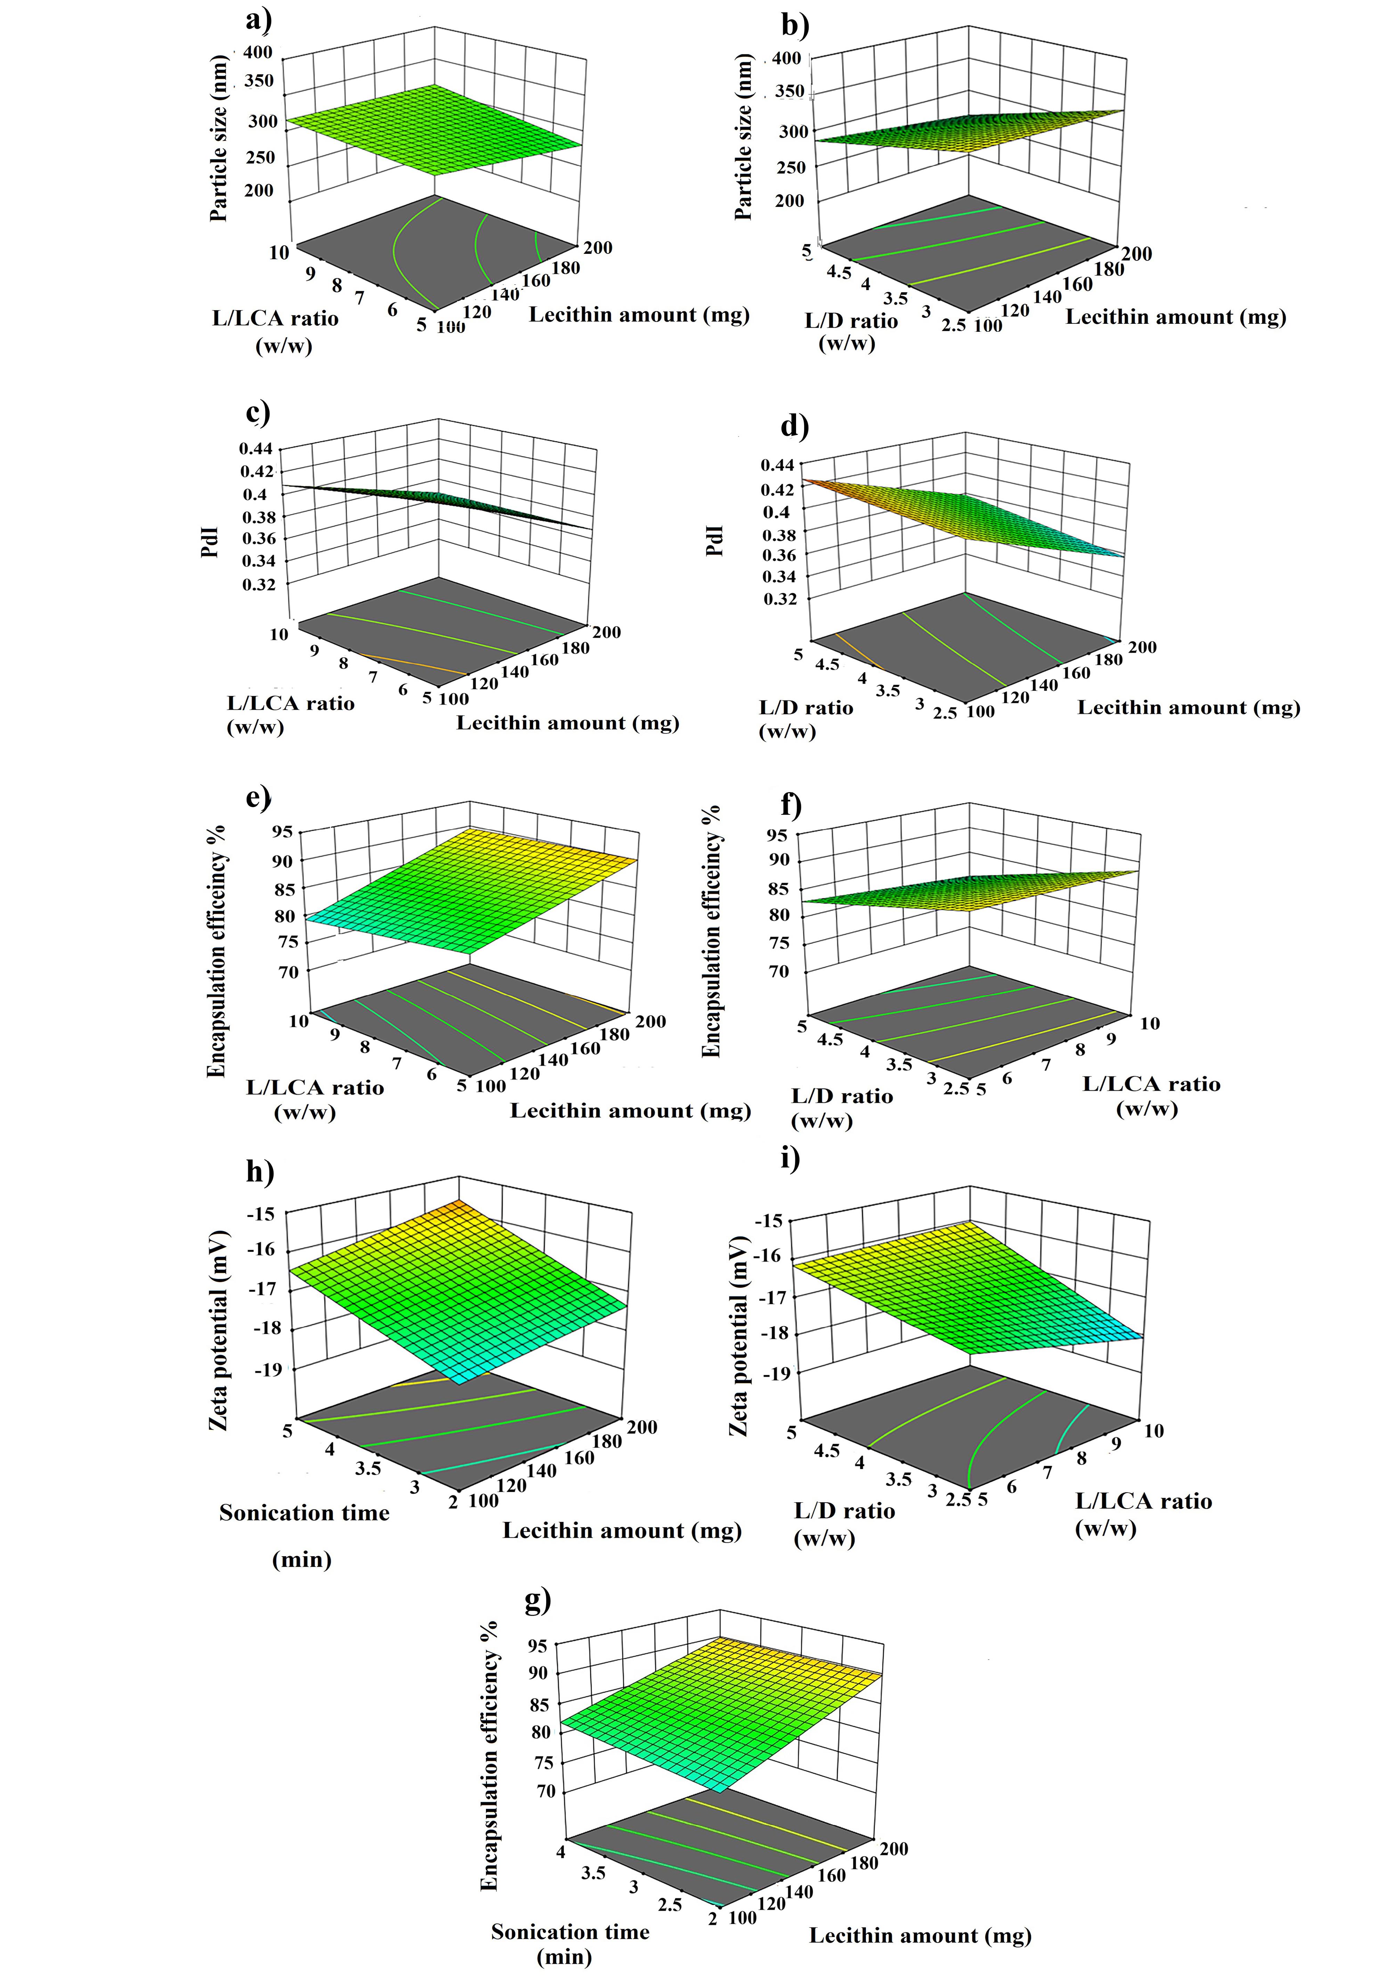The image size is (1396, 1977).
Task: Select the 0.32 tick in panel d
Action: click(x=779, y=598)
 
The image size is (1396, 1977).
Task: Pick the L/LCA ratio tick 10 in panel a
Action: click(x=279, y=252)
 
